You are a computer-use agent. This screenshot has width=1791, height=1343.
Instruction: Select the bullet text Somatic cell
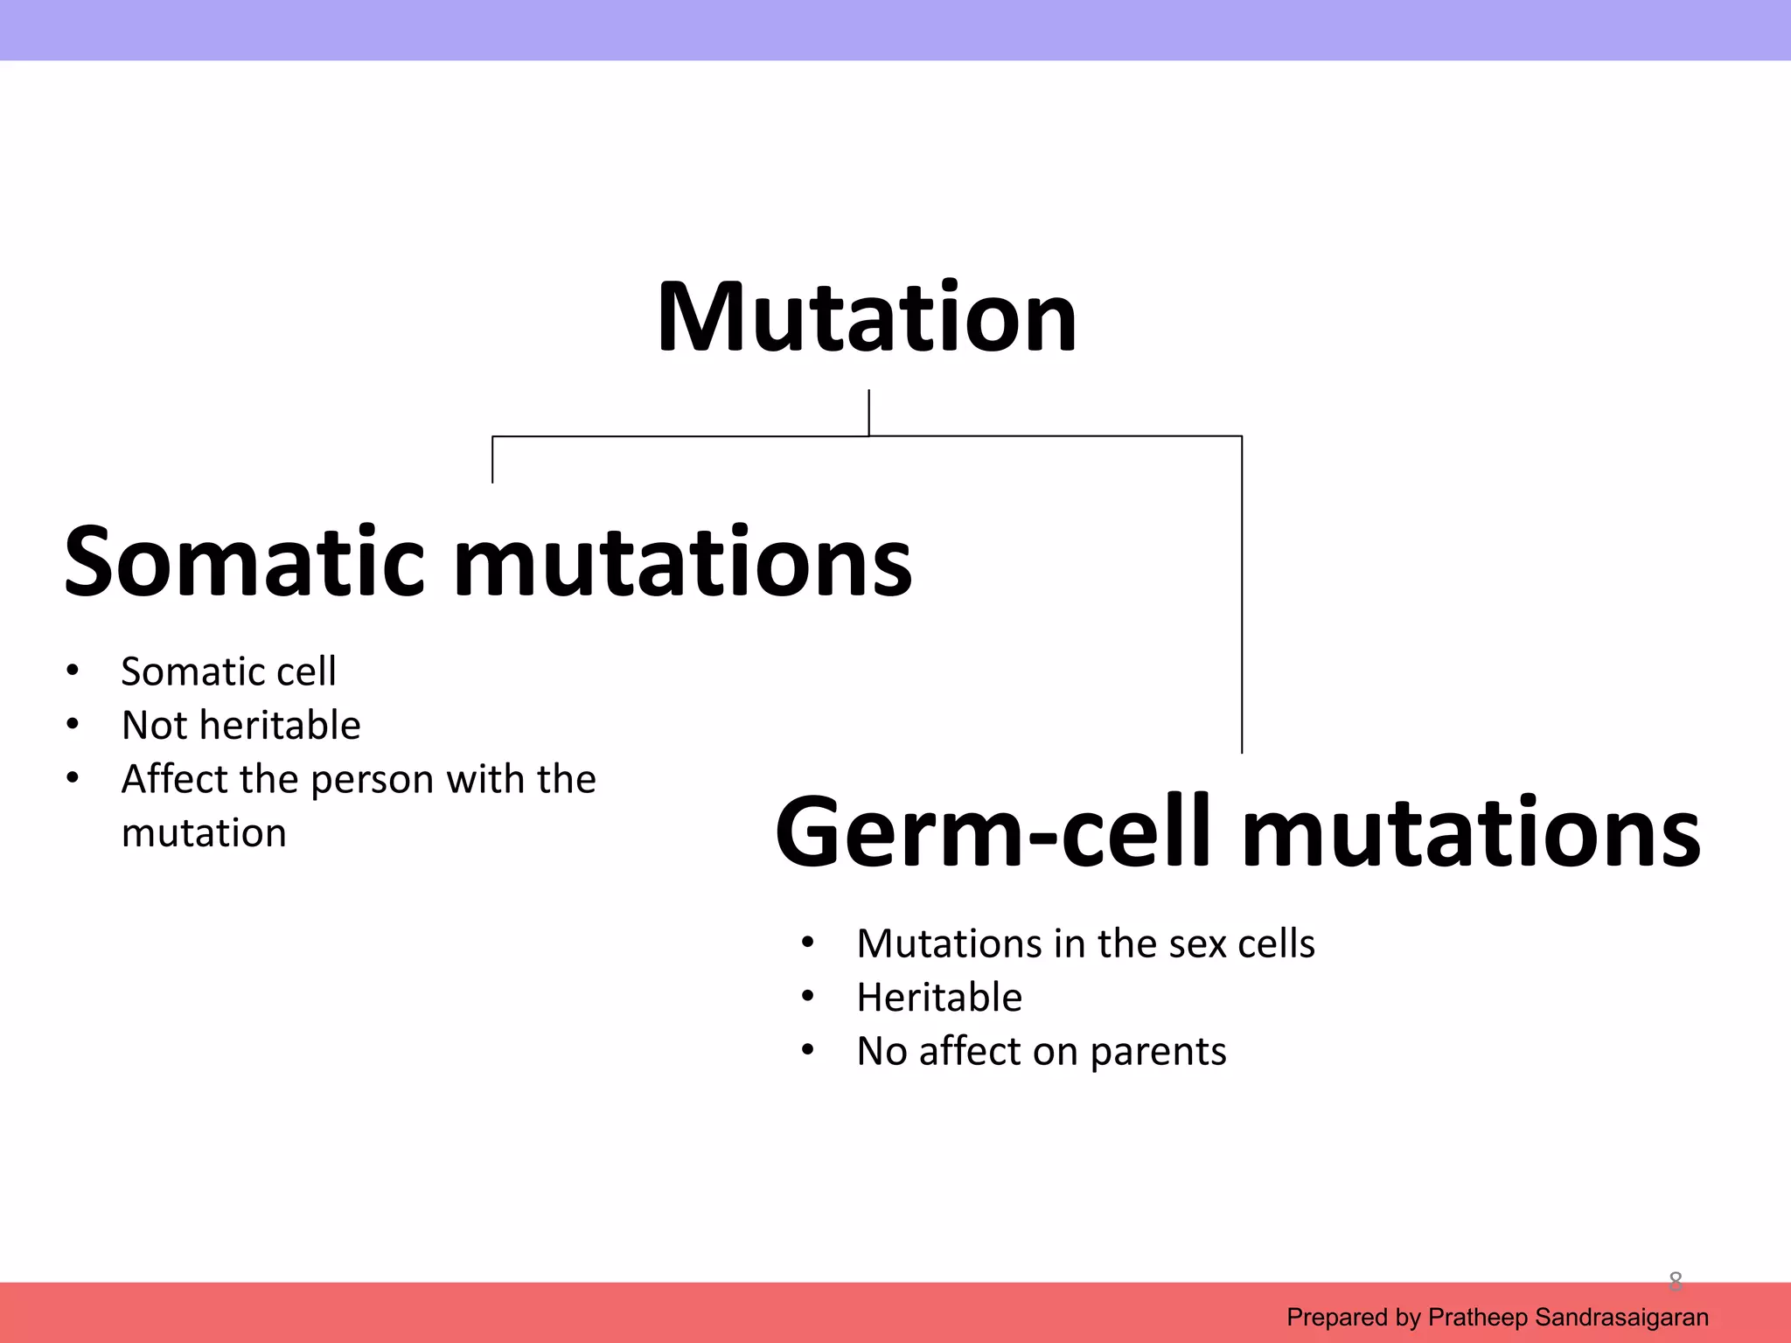(228, 671)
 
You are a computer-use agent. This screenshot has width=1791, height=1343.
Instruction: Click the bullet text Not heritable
(240, 725)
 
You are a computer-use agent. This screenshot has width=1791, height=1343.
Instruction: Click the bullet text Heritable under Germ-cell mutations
(939, 997)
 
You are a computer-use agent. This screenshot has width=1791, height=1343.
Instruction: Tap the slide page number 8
(1675, 1281)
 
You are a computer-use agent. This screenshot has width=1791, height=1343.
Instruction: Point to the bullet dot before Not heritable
(73, 725)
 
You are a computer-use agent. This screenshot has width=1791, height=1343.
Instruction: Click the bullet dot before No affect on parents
(807, 1050)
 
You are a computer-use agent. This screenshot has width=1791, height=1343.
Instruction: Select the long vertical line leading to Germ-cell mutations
(1242, 595)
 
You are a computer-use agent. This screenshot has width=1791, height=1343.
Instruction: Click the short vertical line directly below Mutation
(868, 412)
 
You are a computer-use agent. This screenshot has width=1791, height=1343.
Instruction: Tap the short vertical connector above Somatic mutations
(492, 459)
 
